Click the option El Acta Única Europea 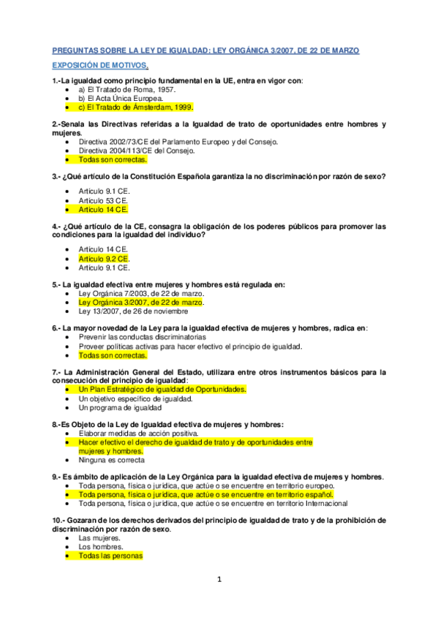(120, 97)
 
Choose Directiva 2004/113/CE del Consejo (137, 150)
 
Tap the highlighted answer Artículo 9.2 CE (104, 259)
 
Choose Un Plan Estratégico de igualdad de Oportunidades (162, 390)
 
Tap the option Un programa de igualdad (120, 407)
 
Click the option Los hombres (101, 546)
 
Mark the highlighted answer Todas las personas (110, 556)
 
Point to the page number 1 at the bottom (218, 580)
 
